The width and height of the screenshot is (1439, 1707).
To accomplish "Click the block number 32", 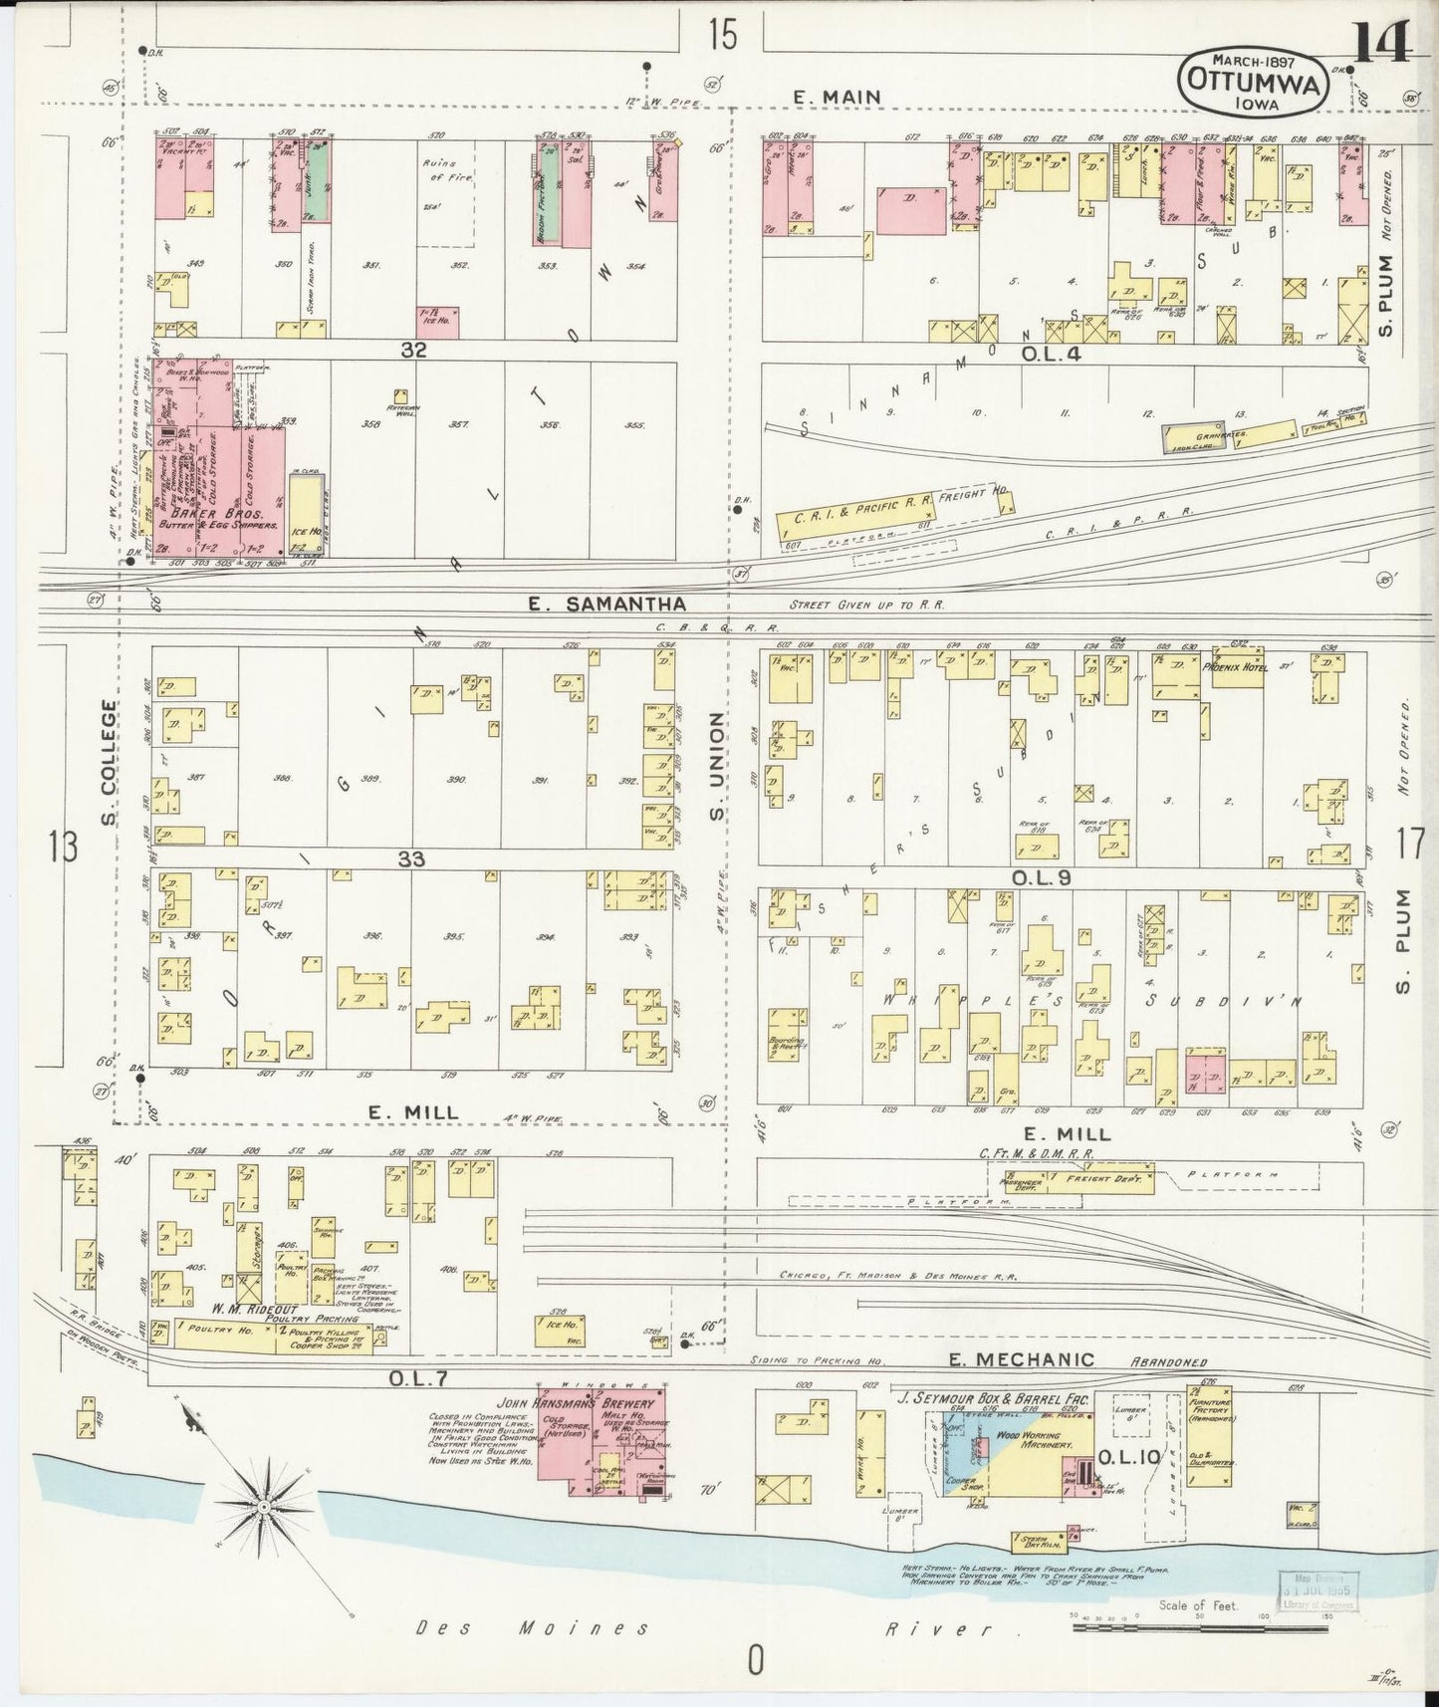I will click(x=413, y=350).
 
